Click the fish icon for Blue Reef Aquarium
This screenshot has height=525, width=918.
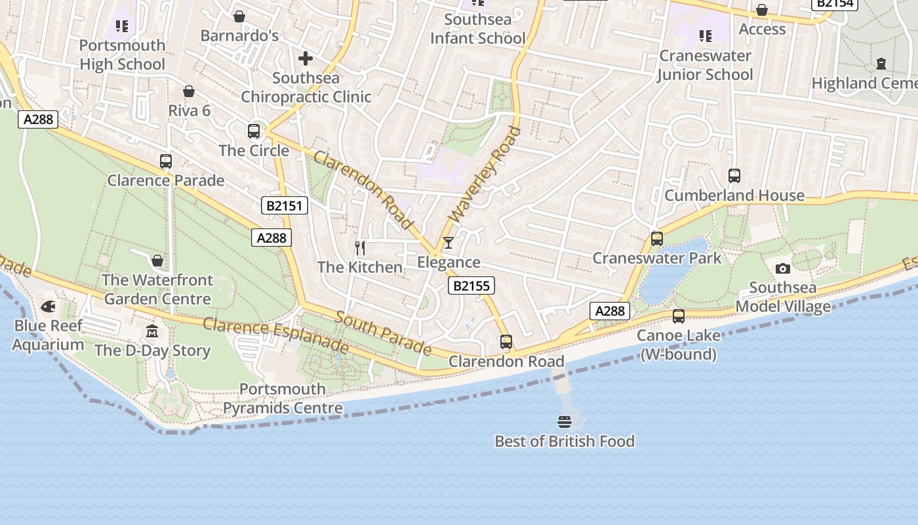(48, 306)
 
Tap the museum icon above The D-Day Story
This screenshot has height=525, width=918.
(152, 331)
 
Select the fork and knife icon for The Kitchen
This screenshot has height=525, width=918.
(359, 247)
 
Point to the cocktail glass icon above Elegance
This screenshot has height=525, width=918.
(449, 243)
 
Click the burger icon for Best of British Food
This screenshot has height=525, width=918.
(565, 421)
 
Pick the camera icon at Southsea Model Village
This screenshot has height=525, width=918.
(782, 268)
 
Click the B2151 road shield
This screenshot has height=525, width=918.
(285, 206)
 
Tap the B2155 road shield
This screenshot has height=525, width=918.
(471, 285)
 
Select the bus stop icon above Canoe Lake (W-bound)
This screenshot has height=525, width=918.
(678, 316)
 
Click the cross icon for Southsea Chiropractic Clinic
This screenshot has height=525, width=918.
(306, 58)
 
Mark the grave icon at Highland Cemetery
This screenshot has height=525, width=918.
(881, 64)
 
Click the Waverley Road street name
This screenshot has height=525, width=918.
(485, 173)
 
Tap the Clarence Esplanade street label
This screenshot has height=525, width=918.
(275, 334)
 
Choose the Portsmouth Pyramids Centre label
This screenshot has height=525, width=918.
(283, 398)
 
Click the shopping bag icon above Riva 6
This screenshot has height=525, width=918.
(189, 91)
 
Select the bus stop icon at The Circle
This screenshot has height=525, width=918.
(254, 131)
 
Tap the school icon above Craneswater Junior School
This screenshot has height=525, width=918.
(705, 35)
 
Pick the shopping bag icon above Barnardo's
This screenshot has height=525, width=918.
(239, 16)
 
